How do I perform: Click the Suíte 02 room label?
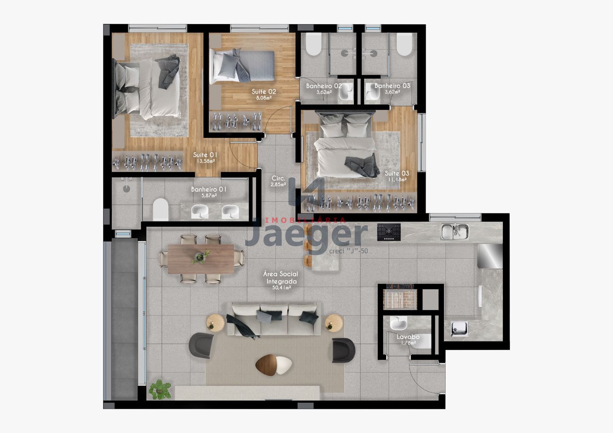(x=264, y=92)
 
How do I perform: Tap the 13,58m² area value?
(x=205, y=161)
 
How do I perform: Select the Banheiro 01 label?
(x=209, y=189)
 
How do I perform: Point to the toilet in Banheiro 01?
(x=161, y=210)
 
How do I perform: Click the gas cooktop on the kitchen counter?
(x=389, y=232)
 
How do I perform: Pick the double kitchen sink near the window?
(x=455, y=231)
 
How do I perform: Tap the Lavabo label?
(x=408, y=337)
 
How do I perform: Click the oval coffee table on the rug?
(x=274, y=364)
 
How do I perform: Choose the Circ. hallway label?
(x=278, y=178)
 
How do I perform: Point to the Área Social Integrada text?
(x=281, y=277)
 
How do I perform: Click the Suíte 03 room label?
(x=397, y=173)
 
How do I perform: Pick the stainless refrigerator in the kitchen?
(x=489, y=256)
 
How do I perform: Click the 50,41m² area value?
(x=281, y=287)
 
